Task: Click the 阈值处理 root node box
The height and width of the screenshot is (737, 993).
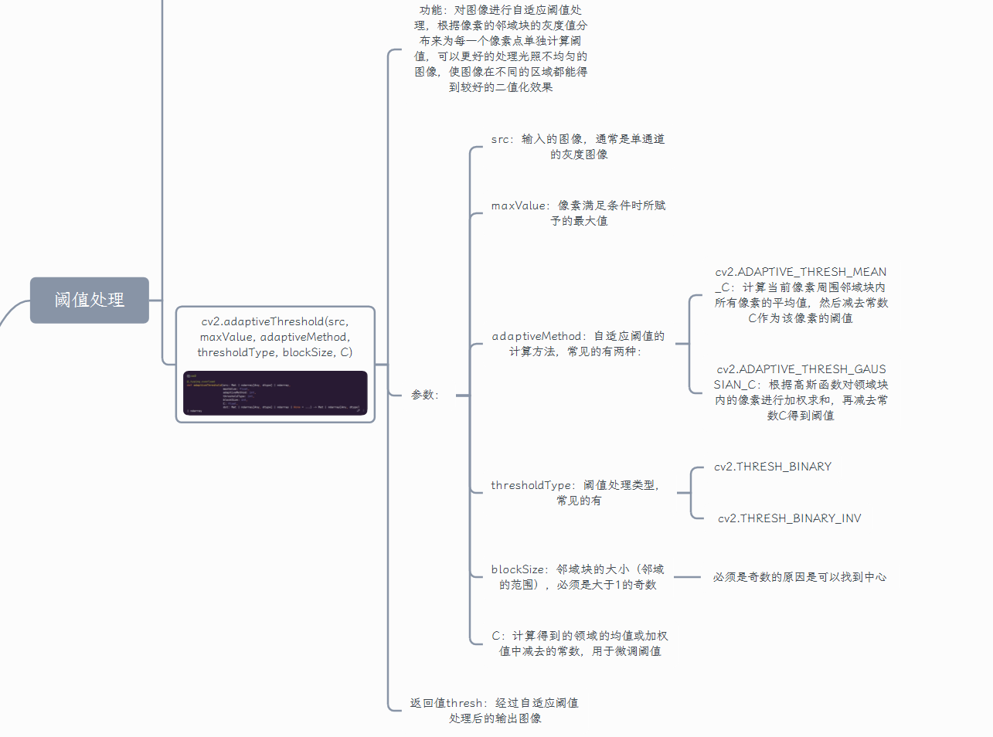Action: click(x=89, y=300)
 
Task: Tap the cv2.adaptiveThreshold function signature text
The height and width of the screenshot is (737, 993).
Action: click(x=275, y=337)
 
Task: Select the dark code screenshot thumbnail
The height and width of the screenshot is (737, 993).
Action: click(x=275, y=393)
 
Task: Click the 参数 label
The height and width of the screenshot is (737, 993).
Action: click(x=424, y=395)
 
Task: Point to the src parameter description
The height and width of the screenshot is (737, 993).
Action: click(x=578, y=147)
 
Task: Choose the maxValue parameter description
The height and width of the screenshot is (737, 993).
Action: click(x=578, y=213)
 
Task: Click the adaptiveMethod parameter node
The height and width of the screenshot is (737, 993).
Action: click(x=577, y=344)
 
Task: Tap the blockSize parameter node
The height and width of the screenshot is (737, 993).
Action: click(x=577, y=577)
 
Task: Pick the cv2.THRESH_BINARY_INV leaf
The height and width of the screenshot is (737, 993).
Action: click(x=789, y=518)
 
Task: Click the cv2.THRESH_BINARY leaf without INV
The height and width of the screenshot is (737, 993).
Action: click(x=773, y=467)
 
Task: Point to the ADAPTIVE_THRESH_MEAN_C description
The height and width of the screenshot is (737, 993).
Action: click(x=801, y=295)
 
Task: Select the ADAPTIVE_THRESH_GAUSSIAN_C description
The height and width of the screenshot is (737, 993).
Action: click(x=801, y=392)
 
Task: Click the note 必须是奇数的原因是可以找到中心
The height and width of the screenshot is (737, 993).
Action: click(x=800, y=577)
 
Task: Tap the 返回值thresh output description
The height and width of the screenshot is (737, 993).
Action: click(x=495, y=711)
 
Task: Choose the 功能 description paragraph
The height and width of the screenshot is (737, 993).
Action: click(x=501, y=49)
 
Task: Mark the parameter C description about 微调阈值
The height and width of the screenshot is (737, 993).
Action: click(x=580, y=644)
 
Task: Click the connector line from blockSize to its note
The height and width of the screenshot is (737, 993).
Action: click(x=687, y=577)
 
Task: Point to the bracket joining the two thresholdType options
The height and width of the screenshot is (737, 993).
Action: click(x=691, y=493)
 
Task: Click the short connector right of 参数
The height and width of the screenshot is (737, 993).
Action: click(x=462, y=396)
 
